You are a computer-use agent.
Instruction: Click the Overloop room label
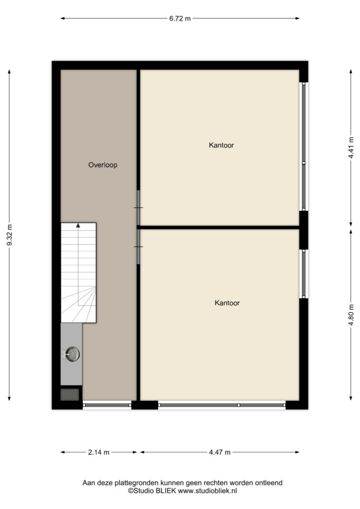click(x=102, y=165)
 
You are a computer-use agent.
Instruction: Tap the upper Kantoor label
click(x=221, y=145)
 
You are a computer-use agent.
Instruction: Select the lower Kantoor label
click(x=227, y=303)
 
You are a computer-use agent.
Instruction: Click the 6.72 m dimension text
click(x=180, y=18)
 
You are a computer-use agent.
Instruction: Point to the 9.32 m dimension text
click(x=9, y=235)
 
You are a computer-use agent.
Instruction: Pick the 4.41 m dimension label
click(x=351, y=148)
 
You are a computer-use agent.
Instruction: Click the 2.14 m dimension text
click(x=98, y=452)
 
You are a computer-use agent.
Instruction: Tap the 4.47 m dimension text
click(x=220, y=452)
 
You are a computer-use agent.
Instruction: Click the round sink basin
click(x=73, y=354)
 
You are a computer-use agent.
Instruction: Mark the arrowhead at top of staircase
click(x=78, y=225)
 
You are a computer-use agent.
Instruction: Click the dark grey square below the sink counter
click(x=70, y=394)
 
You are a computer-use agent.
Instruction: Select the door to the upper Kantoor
click(x=138, y=208)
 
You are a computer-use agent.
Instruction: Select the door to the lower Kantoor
click(x=138, y=247)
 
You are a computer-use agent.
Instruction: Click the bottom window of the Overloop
click(x=107, y=405)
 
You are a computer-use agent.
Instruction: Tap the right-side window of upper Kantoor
click(x=303, y=147)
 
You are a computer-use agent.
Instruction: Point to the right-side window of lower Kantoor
click(x=303, y=274)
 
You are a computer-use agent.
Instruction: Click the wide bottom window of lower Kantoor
click(x=222, y=405)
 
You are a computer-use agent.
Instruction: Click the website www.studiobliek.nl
click(x=207, y=491)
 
